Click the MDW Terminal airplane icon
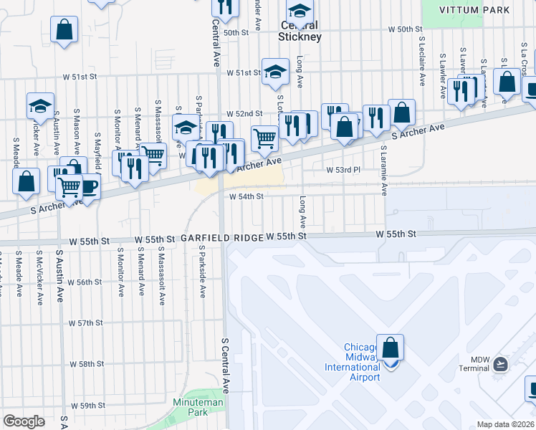[x=500, y=365]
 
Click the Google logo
[x=24, y=421]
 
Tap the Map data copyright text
[x=506, y=424]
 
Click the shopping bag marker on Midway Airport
[x=390, y=348]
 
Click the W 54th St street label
[x=246, y=196]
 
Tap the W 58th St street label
[x=91, y=364]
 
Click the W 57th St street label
[x=91, y=323]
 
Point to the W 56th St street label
[x=90, y=282]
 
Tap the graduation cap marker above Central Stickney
[x=300, y=11]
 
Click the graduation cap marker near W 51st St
[x=274, y=72]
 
